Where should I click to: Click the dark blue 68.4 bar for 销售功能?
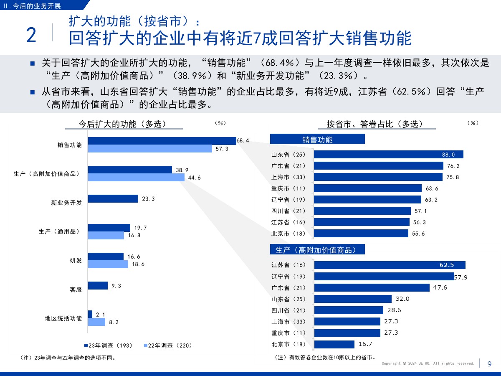[x=162, y=141]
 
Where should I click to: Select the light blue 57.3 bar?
[x=150, y=149]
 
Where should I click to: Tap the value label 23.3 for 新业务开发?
[x=148, y=199]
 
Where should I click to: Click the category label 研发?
[x=76, y=260]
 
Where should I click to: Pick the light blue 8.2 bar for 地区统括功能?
[x=96, y=322]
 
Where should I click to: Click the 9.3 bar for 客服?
[x=98, y=286]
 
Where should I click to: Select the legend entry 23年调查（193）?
[x=108, y=346]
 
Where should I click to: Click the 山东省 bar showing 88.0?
[x=388, y=155]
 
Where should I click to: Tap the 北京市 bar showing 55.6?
[x=361, y=234]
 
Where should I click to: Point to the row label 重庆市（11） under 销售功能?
[x=288, y=188]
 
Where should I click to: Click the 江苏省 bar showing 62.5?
[x=390, y=265]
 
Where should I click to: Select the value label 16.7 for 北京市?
[x=365, y=344]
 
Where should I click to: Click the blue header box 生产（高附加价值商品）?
[x=317, y=250]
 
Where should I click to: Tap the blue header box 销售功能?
[x=317, y=140]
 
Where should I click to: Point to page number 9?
[x=489, y=364]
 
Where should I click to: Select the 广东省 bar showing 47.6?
[x=372, y=287]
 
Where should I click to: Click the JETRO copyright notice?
[x=428, y=363]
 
